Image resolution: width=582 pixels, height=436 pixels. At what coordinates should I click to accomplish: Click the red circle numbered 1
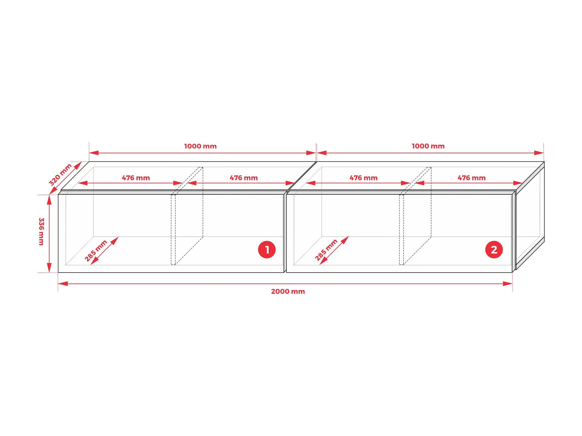(x=267, y=249)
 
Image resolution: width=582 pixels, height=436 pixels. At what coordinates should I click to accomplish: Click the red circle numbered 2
(x=494, y=249)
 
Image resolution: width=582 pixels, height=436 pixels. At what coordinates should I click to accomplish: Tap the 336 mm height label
(x=41, y=232)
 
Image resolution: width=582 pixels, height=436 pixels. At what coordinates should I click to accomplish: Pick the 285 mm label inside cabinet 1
(x=96, y=251)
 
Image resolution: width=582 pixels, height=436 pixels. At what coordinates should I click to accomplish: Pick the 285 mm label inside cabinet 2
(x=326, y=250)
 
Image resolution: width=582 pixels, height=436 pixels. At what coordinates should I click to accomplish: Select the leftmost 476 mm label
(x=136, y=178)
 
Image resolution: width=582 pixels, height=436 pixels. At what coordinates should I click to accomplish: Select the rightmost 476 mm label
(x=472, y=178)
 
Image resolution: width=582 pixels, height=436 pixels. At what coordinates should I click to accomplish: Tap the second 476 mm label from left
(x=244, y=178)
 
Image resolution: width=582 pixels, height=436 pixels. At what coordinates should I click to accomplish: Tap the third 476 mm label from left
(x=363, y=178)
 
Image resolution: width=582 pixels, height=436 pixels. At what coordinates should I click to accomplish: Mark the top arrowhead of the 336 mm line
(x=49, y=200)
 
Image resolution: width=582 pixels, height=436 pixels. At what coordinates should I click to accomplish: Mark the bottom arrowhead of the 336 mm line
(x=49, y=268)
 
